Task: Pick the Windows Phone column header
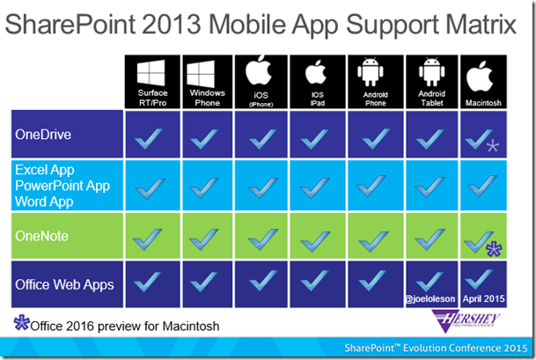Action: [x=208, y=98]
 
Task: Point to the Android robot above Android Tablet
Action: [x=432, y=70]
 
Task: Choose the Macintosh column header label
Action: [x=483, y=103]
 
